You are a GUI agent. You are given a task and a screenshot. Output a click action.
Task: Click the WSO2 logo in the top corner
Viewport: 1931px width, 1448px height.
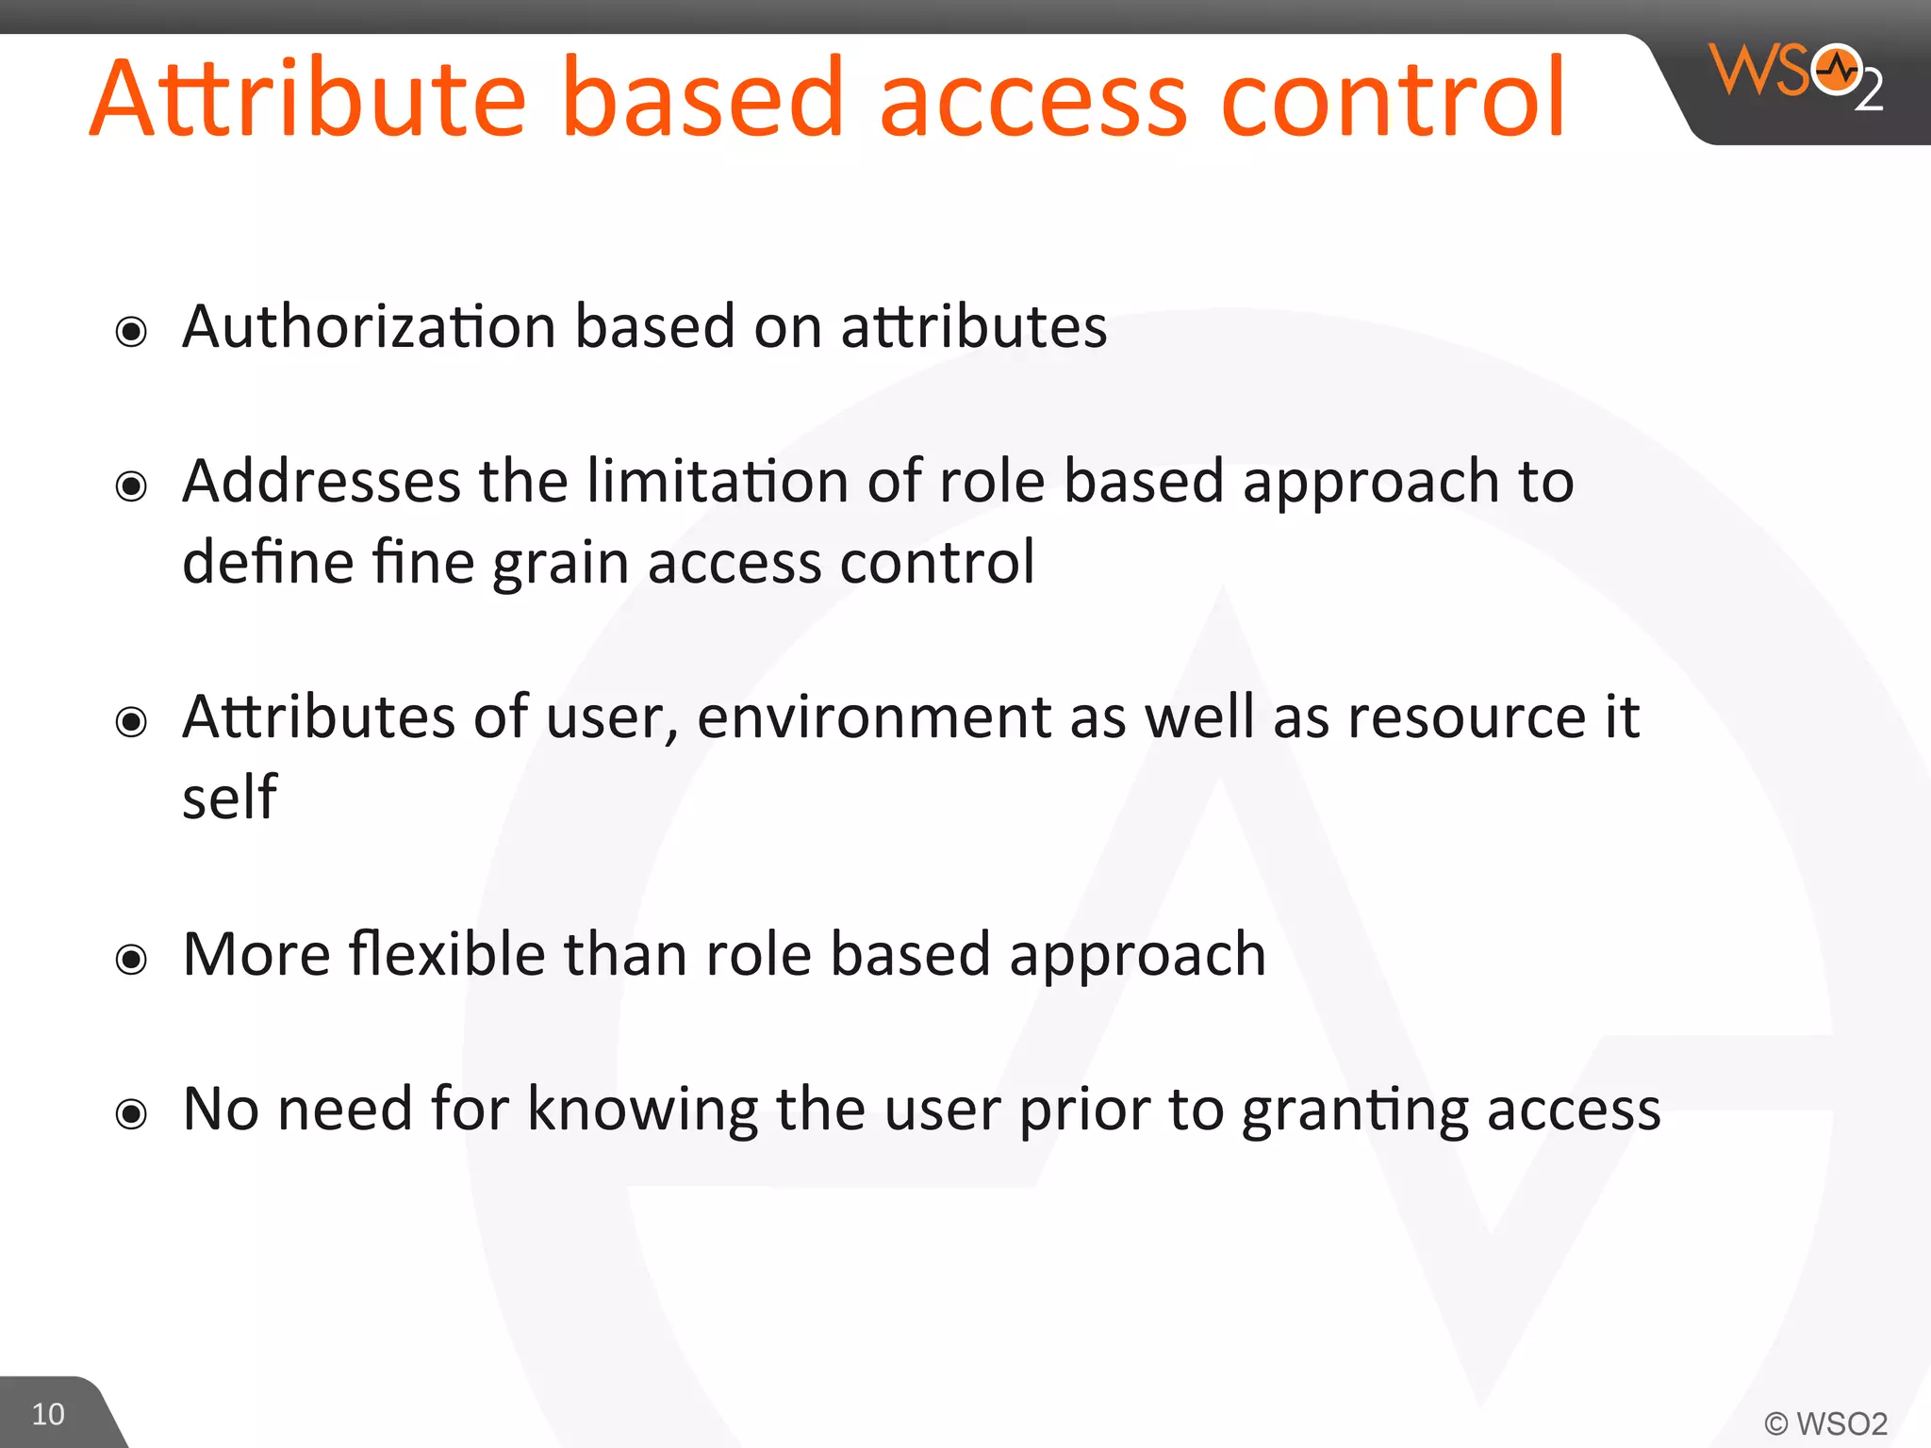(x=1795, y=75)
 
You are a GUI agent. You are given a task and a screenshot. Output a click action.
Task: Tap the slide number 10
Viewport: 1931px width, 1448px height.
(x=48, y=1414)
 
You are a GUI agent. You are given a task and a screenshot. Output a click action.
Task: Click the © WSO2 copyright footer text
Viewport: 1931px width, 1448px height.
(x=1825, y=1423)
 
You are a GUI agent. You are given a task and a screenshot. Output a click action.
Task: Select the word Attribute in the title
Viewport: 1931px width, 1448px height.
(x=307, y=99)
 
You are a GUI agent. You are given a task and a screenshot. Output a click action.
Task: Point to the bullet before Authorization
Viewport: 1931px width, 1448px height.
(x=131, y=332)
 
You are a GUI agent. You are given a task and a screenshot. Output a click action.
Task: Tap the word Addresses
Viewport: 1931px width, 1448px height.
(x=322, y=482)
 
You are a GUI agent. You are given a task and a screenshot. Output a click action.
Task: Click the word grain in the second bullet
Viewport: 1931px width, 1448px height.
(x=560, y=564)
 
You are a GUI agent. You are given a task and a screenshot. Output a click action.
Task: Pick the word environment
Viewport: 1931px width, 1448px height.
(x=873, y=717)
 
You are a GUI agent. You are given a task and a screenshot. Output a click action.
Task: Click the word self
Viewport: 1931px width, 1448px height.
(x=229, y=798)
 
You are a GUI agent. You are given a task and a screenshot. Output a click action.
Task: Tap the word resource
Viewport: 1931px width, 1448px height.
(x=1467, y=717)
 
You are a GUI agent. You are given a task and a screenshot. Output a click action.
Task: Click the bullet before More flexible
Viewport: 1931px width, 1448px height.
(x=131, y=960)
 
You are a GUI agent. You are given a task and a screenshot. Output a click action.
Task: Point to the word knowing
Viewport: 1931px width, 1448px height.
(x=642, y=1109)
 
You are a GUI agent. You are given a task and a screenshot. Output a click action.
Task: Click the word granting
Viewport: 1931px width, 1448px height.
(x=1355, y=1111)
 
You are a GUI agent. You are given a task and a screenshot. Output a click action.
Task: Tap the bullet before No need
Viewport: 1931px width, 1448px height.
(x=131, y=1114)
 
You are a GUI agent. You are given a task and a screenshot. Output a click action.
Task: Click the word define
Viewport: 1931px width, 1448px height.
(x=268, y=563)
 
